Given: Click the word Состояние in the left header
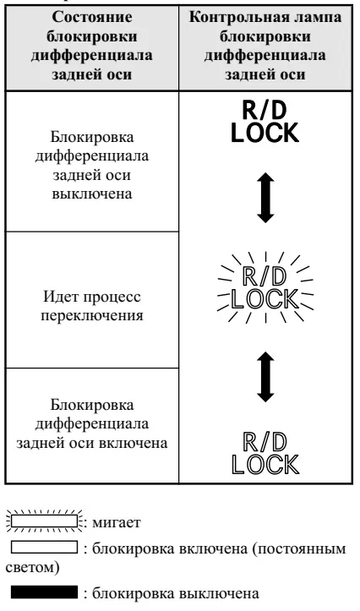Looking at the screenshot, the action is pyautogui.click(x=92, y=17).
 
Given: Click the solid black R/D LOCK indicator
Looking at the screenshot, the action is pyautogui.click(x=265, y=123).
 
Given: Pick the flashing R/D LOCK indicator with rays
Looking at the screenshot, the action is pyautogui.click(x=265, y=288).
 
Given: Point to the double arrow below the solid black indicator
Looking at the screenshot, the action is pyautogui.click(x=265, y=198).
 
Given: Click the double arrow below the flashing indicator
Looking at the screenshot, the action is pyautogui.click(x=265, y=377).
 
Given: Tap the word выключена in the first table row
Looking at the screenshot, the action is pyautogui.click(x=92, y=194).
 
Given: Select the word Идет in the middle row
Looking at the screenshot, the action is pyautogui.click(x=59, y=297).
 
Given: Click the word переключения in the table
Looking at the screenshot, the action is pyautogui.click(x=92, y=315).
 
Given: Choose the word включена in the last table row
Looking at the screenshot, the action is pyautogui.click(x=135, y=443).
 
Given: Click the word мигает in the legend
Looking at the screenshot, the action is pyautogui.click(x=116, y=522).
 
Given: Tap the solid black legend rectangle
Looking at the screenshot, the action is pyautogui.click(x=45, y=592).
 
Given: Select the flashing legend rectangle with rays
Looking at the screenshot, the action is pyautogui.click(x=45, y=521).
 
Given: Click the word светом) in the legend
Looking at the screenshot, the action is pyautogui.click(x=32, y=567).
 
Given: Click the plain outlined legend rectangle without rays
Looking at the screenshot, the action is pyautogui.click(x=45, y=547).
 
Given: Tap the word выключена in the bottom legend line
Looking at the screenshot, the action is pyautogui.click(x=220, y=593).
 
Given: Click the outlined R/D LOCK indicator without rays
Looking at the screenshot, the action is pyautogui.click(x=265, y=454).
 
